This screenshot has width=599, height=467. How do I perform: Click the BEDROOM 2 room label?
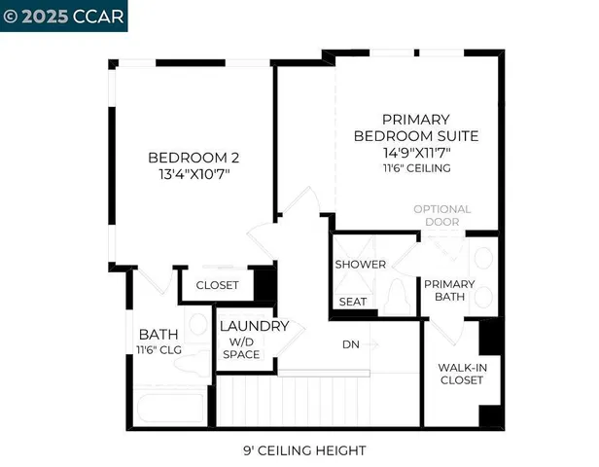[193, 158]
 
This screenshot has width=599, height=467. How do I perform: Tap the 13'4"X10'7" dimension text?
[193, 174]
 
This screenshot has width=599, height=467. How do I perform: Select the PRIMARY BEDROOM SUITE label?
[415, 126]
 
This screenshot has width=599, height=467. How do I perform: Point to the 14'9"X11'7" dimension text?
[415, 152]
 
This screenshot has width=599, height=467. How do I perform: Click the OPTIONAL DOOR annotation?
[441, 215]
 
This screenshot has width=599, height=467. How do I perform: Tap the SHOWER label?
[360, 265]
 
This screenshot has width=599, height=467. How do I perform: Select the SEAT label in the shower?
[352, 302]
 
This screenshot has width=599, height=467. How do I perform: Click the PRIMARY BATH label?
[448, 291]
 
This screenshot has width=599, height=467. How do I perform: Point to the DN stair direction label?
[351, 344]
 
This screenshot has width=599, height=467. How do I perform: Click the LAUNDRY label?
[253, 327]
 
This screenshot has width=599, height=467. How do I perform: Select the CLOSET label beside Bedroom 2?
[218, 285]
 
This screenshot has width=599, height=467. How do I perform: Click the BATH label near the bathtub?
[157, 334]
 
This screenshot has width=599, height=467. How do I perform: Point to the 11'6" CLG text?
[159, 350]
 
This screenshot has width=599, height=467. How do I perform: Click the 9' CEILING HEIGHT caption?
[303, 450]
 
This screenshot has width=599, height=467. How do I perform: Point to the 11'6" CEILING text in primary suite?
[415, 168]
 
